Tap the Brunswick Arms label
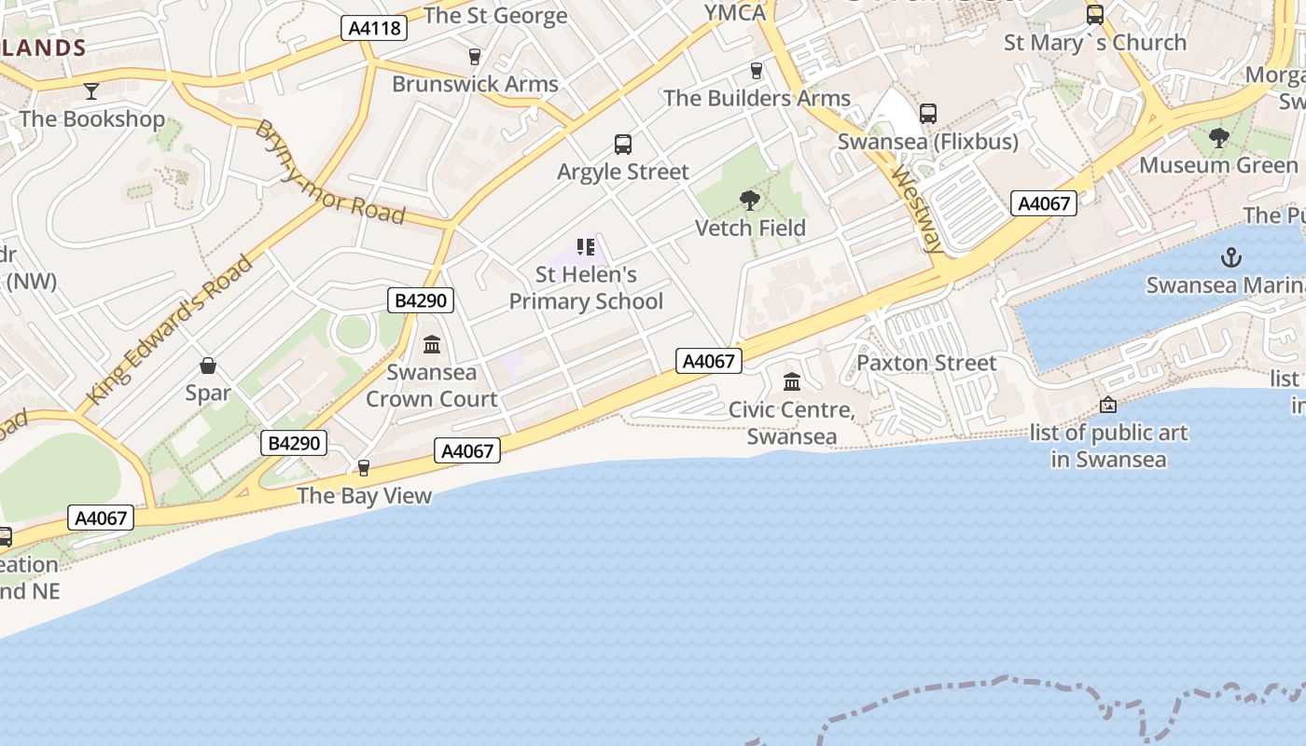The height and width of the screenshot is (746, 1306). click(x=475, y=84)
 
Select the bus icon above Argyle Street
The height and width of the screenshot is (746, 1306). click(x=623, y=145)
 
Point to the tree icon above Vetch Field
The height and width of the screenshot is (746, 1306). click(x=749, y=200)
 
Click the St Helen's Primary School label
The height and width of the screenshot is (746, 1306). click(x=586, y=288)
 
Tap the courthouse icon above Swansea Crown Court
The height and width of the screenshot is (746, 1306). click(x=432, y=345)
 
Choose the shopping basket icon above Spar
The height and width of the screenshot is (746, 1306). click(x=208, y=366)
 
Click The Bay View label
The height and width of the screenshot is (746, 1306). click(x=364, y=495)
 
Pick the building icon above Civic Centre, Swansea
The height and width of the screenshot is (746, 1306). click(x=792, y=381)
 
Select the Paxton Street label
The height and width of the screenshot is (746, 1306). click(x=926, y=363)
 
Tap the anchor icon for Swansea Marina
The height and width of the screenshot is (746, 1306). click(x=1231, y=256)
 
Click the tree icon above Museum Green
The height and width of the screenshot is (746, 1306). click(x=1218, y=138)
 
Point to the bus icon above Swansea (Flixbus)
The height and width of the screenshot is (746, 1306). click(x=927, y=114)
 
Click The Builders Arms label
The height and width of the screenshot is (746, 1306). click(x=757, y=98)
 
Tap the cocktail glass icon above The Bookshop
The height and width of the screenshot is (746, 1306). click(x=91, y=90)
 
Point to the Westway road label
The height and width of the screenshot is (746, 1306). click(x=917, y=211)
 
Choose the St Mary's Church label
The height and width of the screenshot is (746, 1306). click(x=1095, y=43)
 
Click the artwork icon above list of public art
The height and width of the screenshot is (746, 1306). click(x=1108, y=405)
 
